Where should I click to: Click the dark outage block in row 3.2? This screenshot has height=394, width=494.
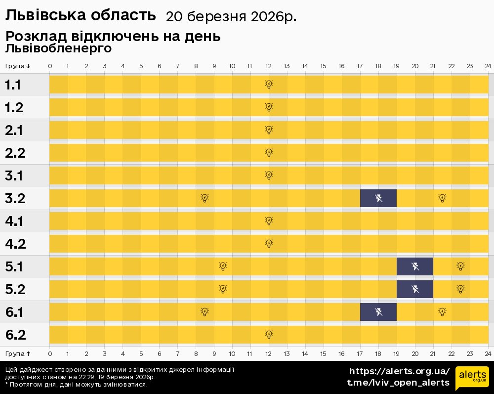pos(378,198)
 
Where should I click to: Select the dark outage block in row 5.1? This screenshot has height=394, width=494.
pos(415,266)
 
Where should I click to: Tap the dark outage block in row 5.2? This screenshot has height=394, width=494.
pos(415,289)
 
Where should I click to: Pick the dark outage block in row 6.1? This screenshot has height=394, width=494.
pos(378,312)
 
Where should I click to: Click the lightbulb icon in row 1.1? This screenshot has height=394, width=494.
pos(269,85)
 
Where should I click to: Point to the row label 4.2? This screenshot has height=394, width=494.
pos(15,244)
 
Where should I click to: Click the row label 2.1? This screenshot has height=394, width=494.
pos(15,131)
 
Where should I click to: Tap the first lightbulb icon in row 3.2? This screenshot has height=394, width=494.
pos(205,198)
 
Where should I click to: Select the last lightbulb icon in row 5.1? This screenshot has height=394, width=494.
pos(460,266)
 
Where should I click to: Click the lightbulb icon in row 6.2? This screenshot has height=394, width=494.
pos(269,335)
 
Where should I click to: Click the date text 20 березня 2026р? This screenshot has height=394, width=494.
pos(231,17)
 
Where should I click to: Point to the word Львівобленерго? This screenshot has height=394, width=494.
pos(58,48)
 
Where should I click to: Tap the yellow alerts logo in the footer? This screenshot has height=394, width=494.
pos(472,379)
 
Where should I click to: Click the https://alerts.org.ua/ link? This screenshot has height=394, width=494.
pos(399,371)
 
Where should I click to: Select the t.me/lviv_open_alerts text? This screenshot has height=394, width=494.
pos(398,383)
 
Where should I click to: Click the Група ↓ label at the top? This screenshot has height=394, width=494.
pos(18,66)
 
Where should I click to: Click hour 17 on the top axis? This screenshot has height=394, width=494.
pos(360,66)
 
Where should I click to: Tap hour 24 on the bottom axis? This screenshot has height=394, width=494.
pos(488,353)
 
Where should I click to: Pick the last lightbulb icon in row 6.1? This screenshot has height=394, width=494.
pos(442,312)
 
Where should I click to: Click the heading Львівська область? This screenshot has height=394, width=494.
pos(80,15)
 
